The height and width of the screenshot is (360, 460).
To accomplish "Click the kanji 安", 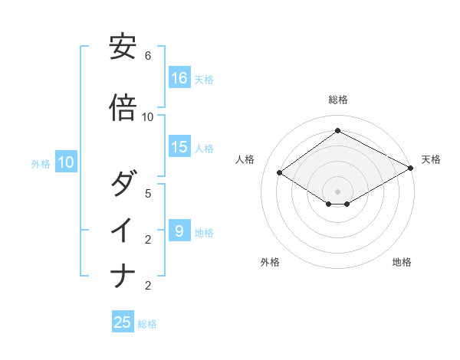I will coord(123,47).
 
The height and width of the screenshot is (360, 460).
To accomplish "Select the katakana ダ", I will coord(123,185).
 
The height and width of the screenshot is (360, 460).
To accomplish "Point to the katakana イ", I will coord(123,230).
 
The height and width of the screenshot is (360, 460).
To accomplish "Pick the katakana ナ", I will coord(123,275).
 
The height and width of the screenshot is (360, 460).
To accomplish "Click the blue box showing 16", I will coord(179,78).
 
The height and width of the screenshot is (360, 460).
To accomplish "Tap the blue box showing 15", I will coord(179,148).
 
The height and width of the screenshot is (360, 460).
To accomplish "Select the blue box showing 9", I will coord(179,231).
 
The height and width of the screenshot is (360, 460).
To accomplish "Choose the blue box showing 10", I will coord(66,162).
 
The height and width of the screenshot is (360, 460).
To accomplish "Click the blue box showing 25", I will coord(123,322).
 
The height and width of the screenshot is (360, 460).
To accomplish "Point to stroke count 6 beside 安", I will coord(148,56).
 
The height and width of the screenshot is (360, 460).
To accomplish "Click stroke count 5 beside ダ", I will coord(148,193).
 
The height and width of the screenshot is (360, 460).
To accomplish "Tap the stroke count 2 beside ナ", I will coord(148,286).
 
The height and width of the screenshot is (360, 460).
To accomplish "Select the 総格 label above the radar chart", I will coord(337,100).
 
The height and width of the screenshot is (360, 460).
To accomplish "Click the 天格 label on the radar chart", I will coord(431,159).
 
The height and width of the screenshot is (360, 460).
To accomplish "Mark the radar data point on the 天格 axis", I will coord(411,169).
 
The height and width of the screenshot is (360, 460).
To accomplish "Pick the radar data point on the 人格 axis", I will coord(280,172).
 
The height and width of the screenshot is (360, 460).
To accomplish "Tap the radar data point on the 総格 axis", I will coord(337,131).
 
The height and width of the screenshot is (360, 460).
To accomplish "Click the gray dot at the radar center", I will coord(337,191).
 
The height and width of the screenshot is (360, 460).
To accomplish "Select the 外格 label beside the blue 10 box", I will coord(41,163).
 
